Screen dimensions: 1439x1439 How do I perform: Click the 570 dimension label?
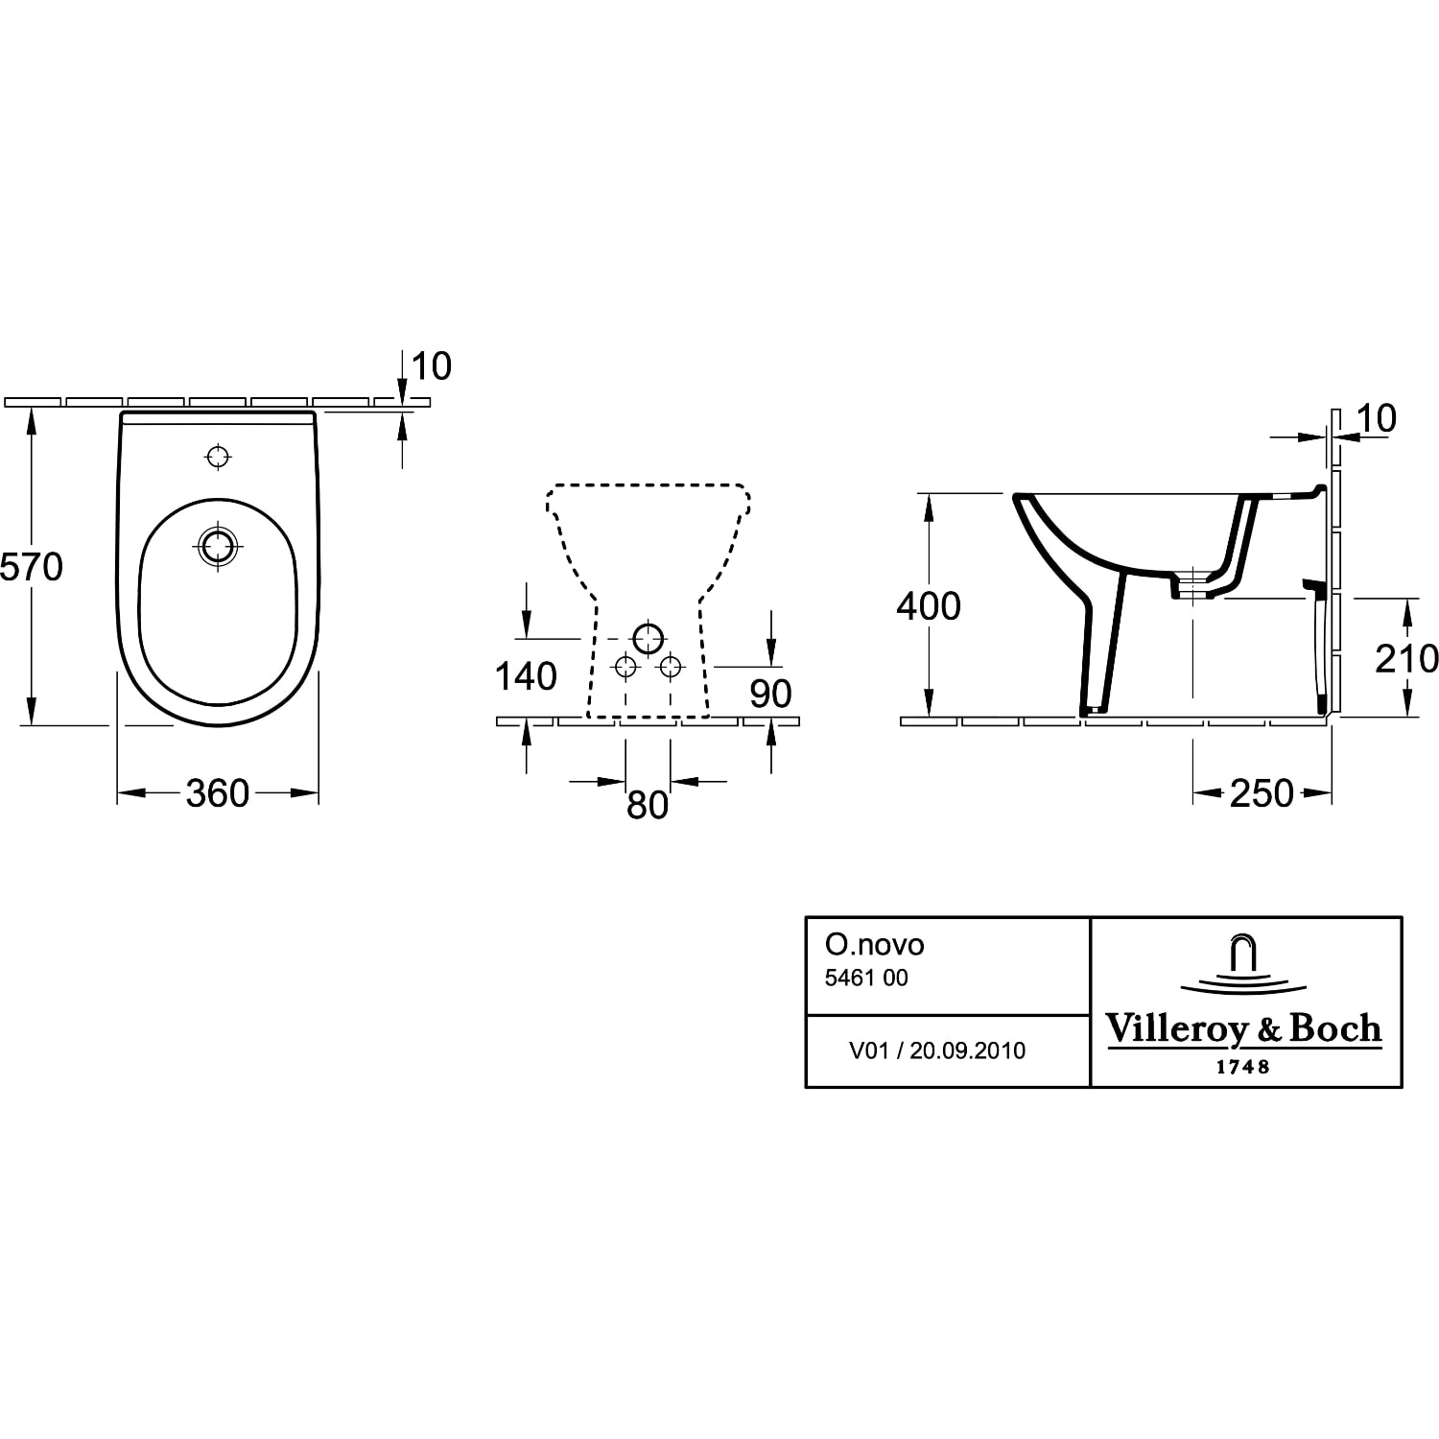(x=32, y=567)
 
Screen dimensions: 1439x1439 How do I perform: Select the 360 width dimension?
(x=218, y=793)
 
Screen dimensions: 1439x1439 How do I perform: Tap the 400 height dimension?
(x=929, y=606)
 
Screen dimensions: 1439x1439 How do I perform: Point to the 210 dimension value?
(x=1406, y=658)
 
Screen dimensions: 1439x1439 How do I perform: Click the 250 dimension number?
(x=1262, y=793)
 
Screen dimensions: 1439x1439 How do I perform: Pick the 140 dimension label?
(x=526, y=676)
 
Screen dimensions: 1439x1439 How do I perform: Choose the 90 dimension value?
(x=770, y=694)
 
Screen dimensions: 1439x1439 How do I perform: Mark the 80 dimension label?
(x=648, y=805)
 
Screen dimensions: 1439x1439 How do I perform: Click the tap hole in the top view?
(x=220, y=457)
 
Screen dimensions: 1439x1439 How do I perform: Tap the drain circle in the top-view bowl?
(x=219, y=547)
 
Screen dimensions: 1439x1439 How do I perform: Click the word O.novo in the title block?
(x=874, y=945)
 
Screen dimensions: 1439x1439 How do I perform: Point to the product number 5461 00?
(x=866, y=979)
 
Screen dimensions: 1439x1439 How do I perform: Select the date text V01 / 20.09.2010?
(x=937, y=1050)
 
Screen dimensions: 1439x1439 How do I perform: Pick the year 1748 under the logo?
(x=1243, y=1067)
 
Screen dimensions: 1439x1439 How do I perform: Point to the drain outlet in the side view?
(x=1192, y=585)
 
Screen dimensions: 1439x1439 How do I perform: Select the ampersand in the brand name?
(x=1267, y=1029)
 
